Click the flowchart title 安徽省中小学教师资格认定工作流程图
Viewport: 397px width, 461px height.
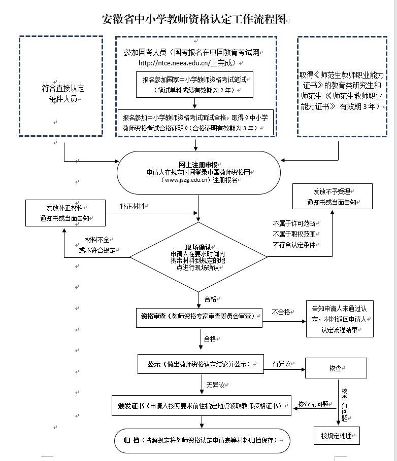(194, 19)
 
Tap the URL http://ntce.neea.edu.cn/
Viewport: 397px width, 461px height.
(174, 63)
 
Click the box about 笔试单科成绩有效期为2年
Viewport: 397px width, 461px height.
(194, 85)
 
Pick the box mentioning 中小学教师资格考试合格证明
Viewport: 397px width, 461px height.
(195, 123)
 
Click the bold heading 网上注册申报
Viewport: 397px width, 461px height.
(198, 165)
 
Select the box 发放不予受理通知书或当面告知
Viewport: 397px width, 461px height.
(333, 197)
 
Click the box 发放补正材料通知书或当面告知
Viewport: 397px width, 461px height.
(65, 213)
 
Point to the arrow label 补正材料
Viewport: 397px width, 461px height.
(132, 206)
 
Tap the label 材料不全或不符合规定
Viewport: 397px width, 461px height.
(97, 245)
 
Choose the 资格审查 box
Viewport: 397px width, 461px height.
(199, 318)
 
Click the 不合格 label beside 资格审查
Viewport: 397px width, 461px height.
(281, 312)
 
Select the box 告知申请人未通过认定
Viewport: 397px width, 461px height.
(340, 319)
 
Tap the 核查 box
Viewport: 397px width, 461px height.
(336, 368)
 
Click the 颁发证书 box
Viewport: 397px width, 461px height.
(202, 406)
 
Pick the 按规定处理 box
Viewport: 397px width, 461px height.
(337, 436)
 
